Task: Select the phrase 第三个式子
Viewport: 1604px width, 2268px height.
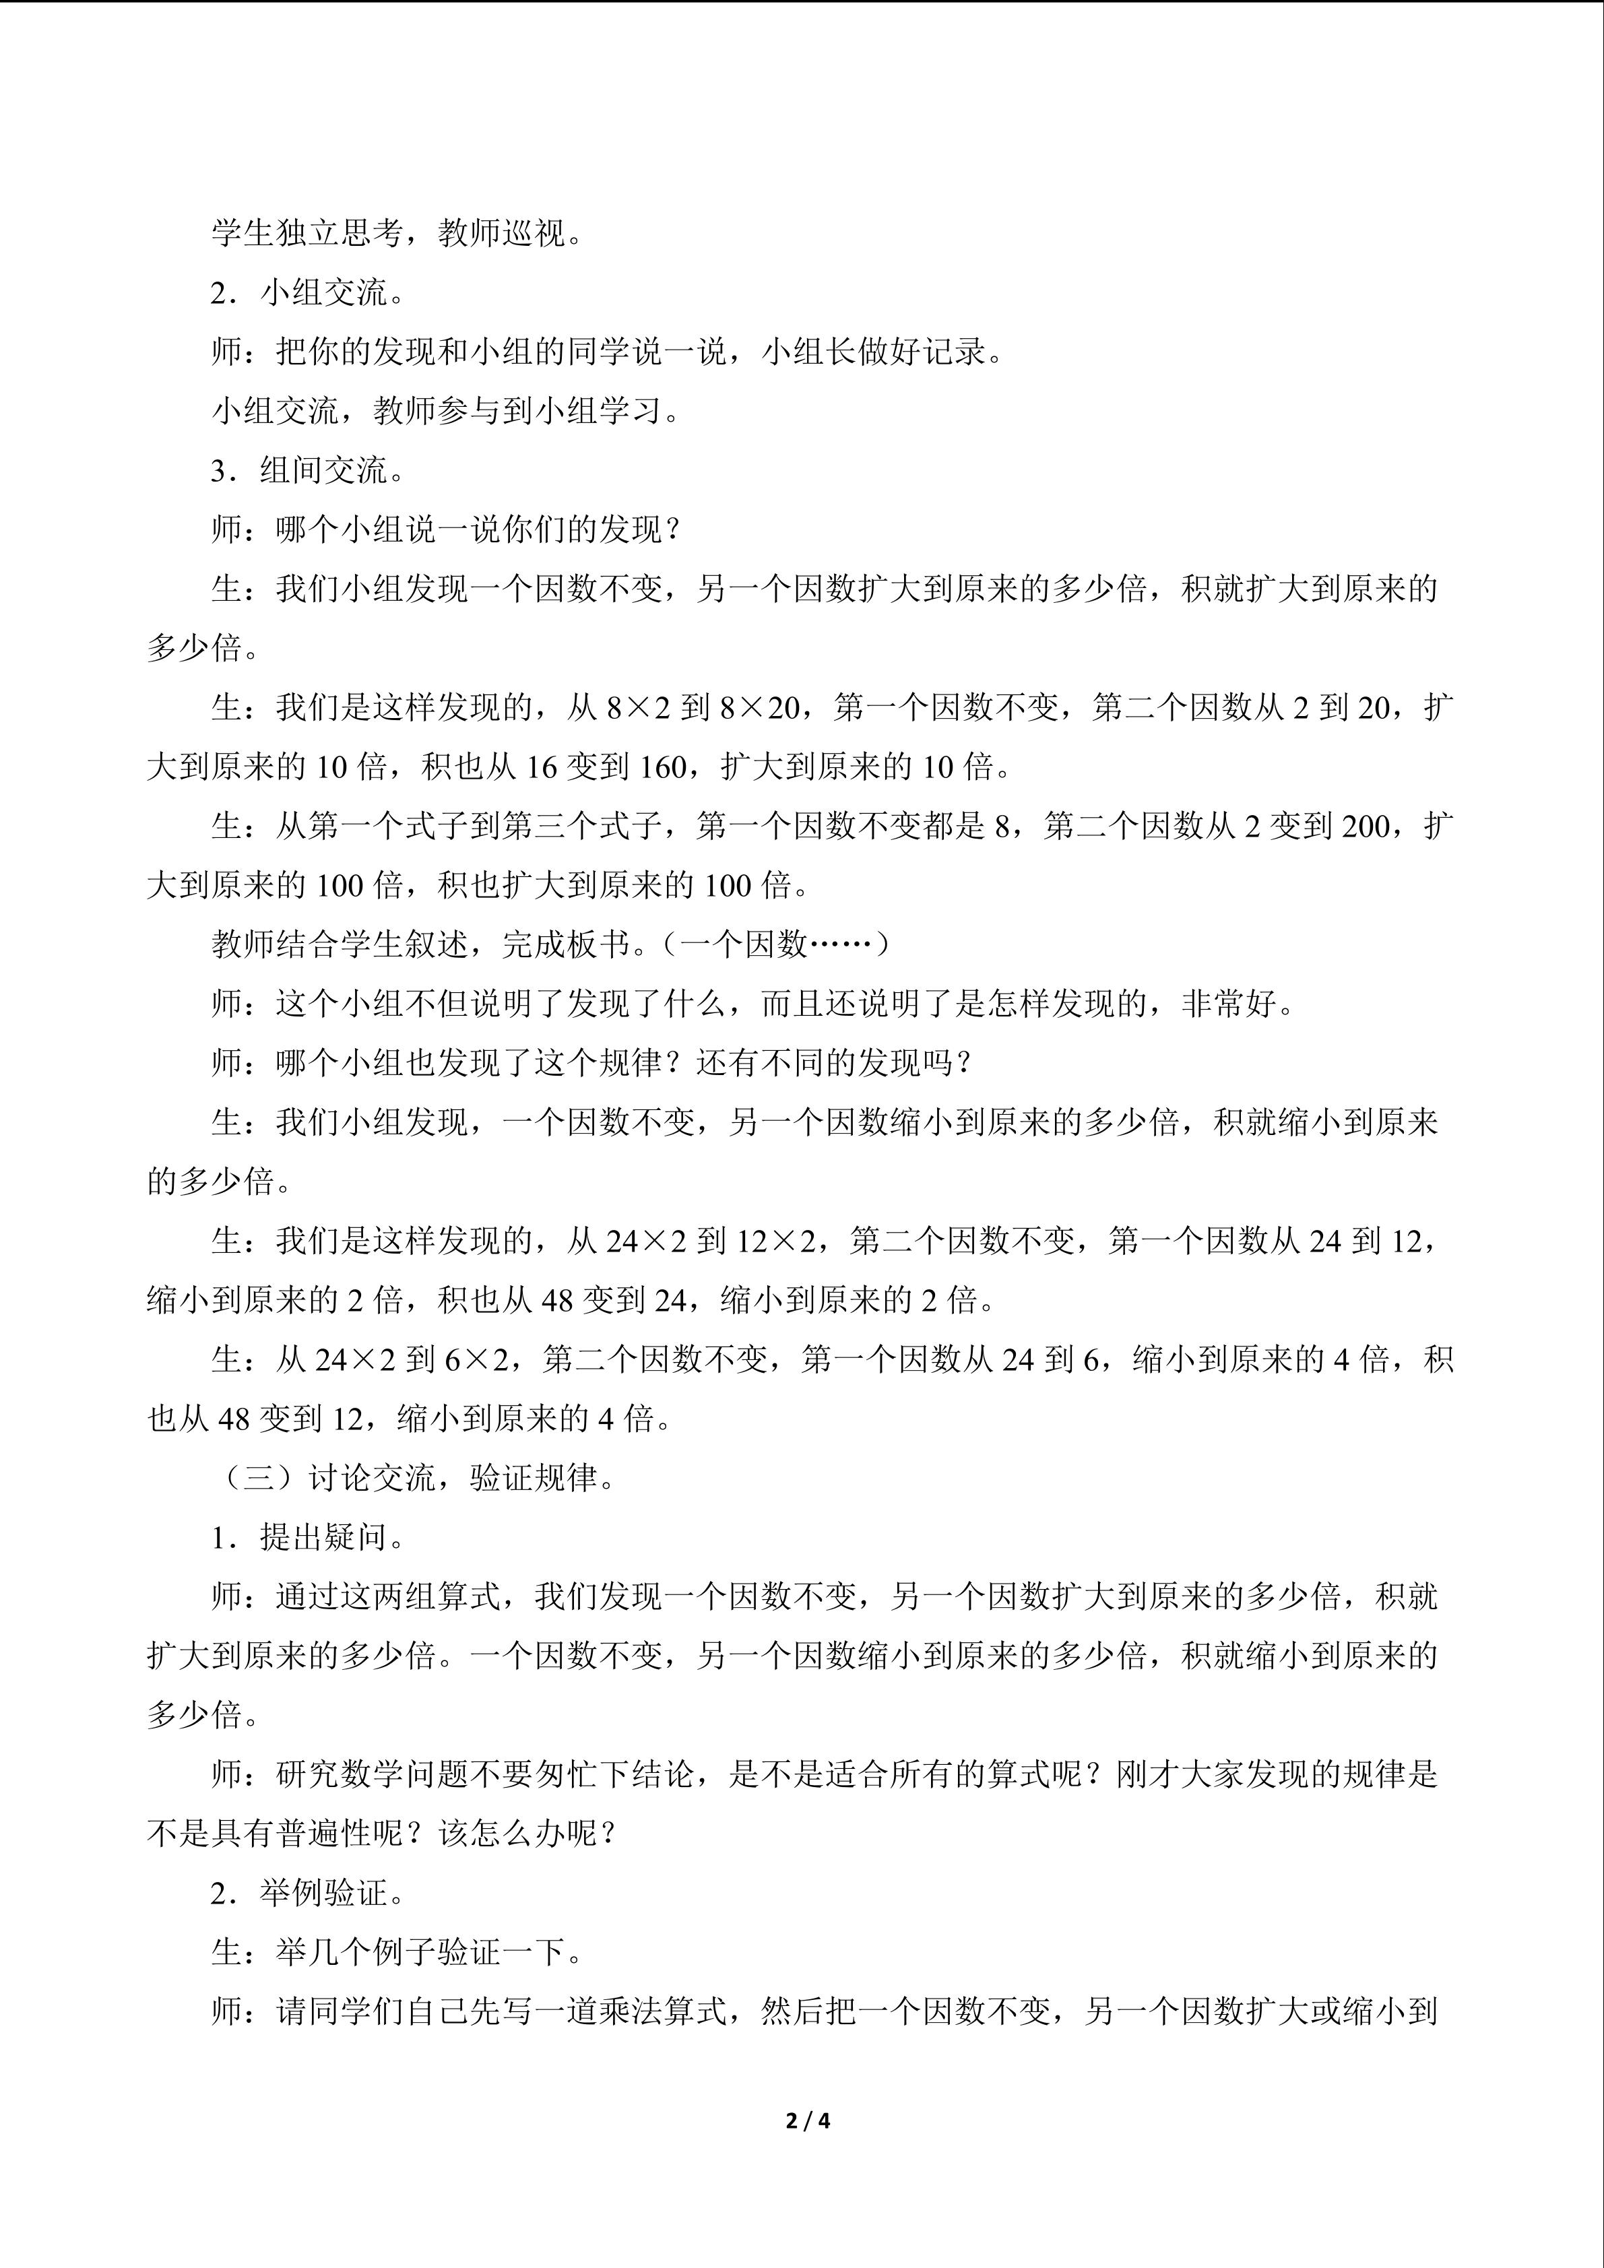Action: pos(583,826)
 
